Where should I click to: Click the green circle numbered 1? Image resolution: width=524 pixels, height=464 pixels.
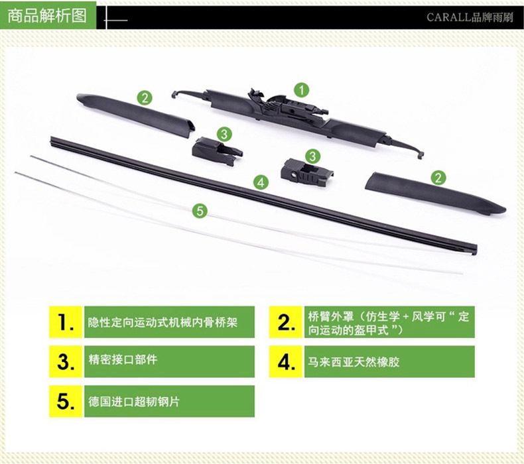click(301, 90)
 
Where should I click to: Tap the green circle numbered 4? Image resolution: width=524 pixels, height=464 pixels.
click(261, 182)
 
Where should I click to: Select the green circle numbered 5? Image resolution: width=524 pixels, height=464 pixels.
click(200, 211)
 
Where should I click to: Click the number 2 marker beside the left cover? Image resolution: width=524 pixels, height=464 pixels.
click(145, 98)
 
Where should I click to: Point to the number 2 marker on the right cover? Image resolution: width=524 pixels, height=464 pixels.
click(438, 178)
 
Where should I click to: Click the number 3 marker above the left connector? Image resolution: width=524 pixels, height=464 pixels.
click(224, 135)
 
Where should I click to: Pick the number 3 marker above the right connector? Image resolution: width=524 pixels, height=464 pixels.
click(313, 156)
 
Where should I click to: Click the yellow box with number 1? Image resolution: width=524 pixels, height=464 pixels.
click(66, 322)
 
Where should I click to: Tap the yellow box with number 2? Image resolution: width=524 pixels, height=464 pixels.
click(286, 322)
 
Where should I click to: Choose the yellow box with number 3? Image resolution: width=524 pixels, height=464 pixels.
click(66, 362)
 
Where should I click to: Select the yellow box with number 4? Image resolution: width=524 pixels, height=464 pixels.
click(286, 362)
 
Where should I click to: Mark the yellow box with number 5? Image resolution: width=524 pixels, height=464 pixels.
click(66, 401)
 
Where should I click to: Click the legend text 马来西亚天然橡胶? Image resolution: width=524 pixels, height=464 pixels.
click(354, 362)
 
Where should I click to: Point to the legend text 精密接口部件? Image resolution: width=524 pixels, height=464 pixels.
click(123, 360)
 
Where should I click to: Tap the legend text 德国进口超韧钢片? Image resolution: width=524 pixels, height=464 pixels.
click(134, 401)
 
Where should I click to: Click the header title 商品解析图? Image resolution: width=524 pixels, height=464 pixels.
click(47, 16)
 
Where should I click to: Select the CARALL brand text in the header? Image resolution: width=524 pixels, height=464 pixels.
click(470, 17)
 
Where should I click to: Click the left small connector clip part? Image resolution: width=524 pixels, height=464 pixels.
click(216, 151)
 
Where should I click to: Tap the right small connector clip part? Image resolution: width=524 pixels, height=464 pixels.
click(306, 172)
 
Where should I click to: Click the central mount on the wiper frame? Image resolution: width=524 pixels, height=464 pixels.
click(287, 105)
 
